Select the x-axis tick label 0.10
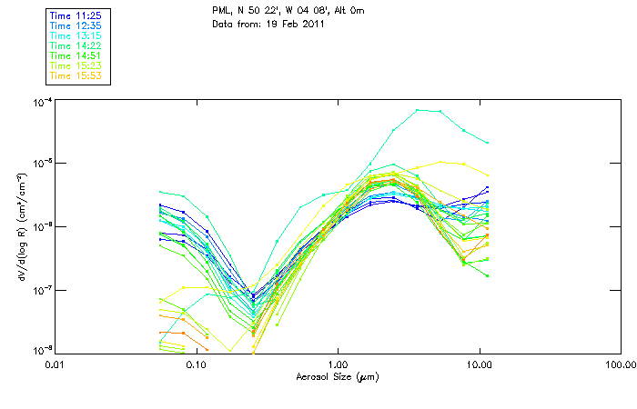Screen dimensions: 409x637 pyautogui.click(x=196, y=365)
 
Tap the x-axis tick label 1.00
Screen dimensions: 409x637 pyautogui.click(x=338, y=365)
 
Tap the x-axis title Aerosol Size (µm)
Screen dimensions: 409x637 pyautogui.click(x=338, y=376)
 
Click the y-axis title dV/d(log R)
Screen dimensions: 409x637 pyautogui.click(x=21, y=226)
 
